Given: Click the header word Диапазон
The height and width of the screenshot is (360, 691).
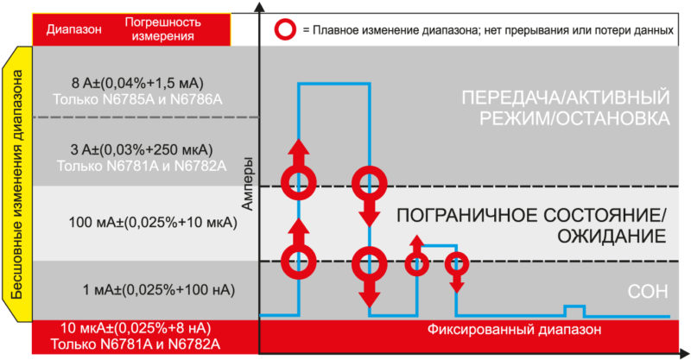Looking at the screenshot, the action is pyautogui.click(x=74, y=29).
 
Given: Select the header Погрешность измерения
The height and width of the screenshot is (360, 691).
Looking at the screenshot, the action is pyautogui.click(x=163, y=28).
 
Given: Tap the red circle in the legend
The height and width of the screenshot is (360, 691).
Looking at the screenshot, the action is pyautogui.click(x=286, y=30).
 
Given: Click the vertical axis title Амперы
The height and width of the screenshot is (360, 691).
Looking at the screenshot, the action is pyautogui.click(x=248, y=183).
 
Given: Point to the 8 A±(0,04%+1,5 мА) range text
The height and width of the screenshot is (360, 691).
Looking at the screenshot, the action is pyautogui.click(x=137, y=83).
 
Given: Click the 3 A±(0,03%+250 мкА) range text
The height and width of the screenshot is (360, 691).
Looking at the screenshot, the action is pyautogui.click(x=142, y=150).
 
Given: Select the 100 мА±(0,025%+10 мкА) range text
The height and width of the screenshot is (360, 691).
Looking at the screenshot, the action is pyautogui.click(x=153, y=222).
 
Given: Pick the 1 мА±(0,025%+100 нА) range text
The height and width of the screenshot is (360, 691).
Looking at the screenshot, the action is pyautogui.click(x=159, y=290).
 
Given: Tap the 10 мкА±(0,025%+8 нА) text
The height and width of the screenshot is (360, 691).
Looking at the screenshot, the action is pyautogui.click(x=136, y=328).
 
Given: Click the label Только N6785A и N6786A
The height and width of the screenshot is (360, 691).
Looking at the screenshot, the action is pyautogui.click(x=137, y=99).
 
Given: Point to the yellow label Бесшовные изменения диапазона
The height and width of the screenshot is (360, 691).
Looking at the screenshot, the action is pyautogui.click(x=16, y=184).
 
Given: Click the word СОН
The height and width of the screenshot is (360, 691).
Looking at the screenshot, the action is pyautogui.click(x=647, y=292).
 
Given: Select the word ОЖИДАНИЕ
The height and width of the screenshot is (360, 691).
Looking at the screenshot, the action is pyautogui.click(x=612, y=237).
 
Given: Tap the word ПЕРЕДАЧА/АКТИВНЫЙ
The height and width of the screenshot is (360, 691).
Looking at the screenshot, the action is pyautogui.click(x=566, y=98).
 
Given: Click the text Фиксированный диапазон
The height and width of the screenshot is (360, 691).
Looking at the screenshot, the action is pyautogui.click(x=514, y=329).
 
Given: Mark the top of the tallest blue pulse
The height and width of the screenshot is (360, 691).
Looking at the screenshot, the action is pyautogui.click(x=334, y=83).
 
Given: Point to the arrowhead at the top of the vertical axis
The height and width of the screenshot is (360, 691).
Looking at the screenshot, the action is pyautogui.click(x=260, y=7).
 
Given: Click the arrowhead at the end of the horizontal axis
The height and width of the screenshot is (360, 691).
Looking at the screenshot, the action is pyautogui.click(x=684, y=353).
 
